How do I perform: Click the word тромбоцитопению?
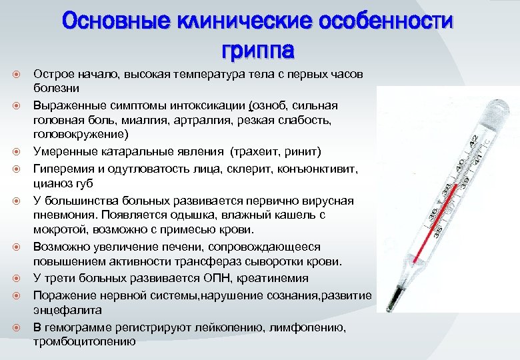point(84,341)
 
